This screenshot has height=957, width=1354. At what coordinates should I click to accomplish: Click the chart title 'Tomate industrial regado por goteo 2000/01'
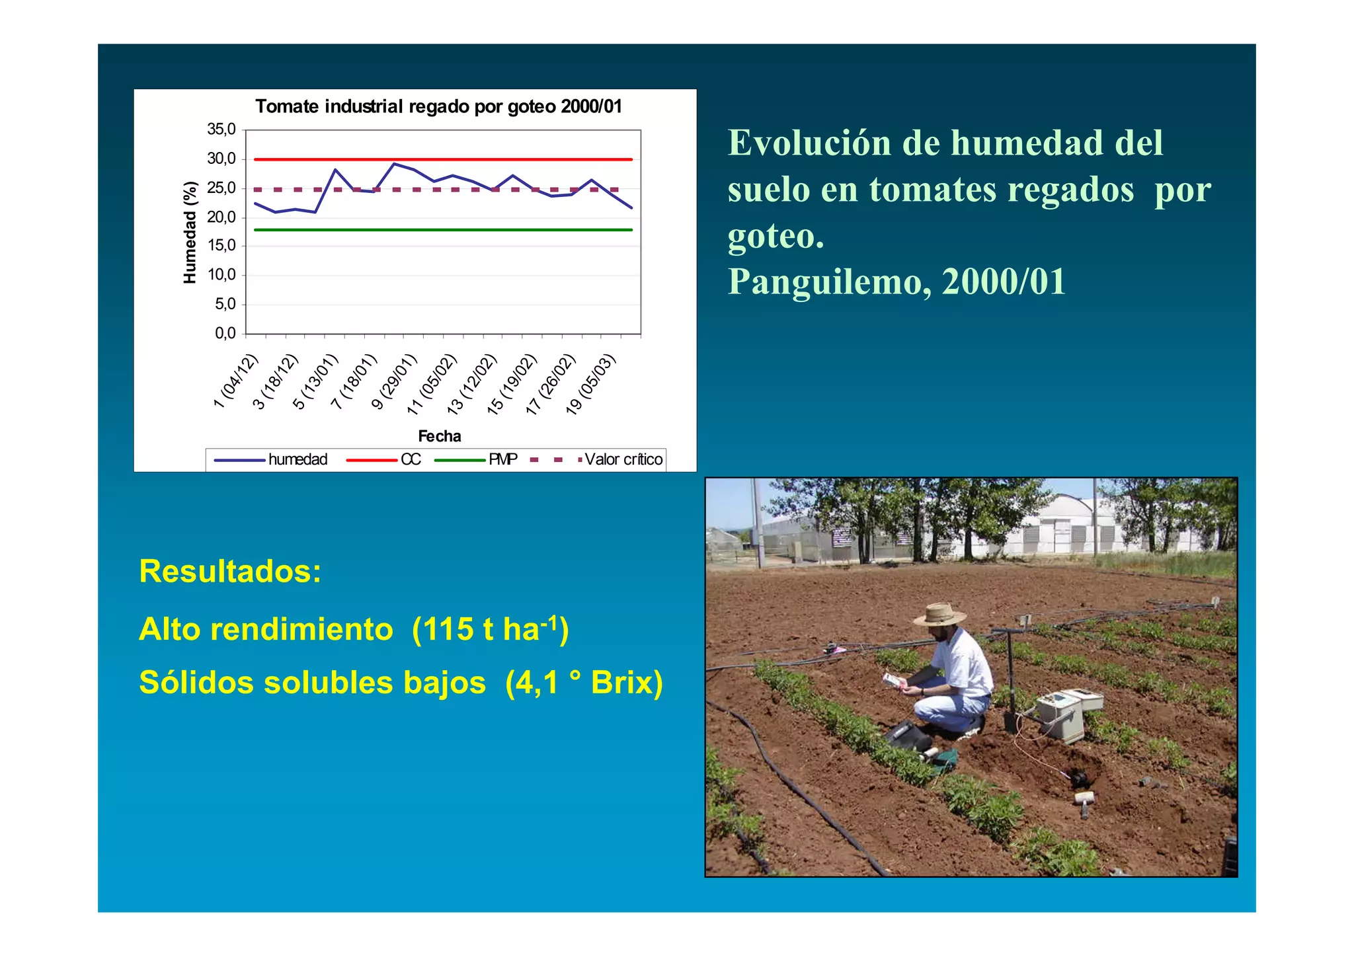point(438,106)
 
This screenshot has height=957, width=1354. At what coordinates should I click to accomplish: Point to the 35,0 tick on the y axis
point(221,130)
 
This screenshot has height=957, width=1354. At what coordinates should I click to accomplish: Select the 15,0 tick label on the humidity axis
point(221,246)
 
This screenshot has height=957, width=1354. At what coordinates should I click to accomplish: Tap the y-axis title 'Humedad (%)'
point(190,232)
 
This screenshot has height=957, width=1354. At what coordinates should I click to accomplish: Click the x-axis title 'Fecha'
point(439,436)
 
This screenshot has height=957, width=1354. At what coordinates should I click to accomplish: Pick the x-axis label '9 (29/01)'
point(395,382)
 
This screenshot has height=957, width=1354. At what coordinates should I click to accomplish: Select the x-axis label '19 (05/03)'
point(590,385)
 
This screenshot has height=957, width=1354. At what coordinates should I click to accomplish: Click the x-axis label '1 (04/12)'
point(235,381)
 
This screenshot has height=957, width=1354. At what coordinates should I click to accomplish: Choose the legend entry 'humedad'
point(298,459)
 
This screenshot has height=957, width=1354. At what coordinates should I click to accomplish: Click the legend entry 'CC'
point(411,459)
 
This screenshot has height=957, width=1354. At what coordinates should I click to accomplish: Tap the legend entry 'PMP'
point(502,459)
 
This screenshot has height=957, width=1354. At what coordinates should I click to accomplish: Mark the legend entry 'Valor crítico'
point(623,459)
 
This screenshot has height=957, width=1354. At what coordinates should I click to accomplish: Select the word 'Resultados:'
point(230,571)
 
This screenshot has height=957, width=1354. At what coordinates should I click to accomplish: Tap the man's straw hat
point(939,615)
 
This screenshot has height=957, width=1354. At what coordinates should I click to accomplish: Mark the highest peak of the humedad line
point(395,164)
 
